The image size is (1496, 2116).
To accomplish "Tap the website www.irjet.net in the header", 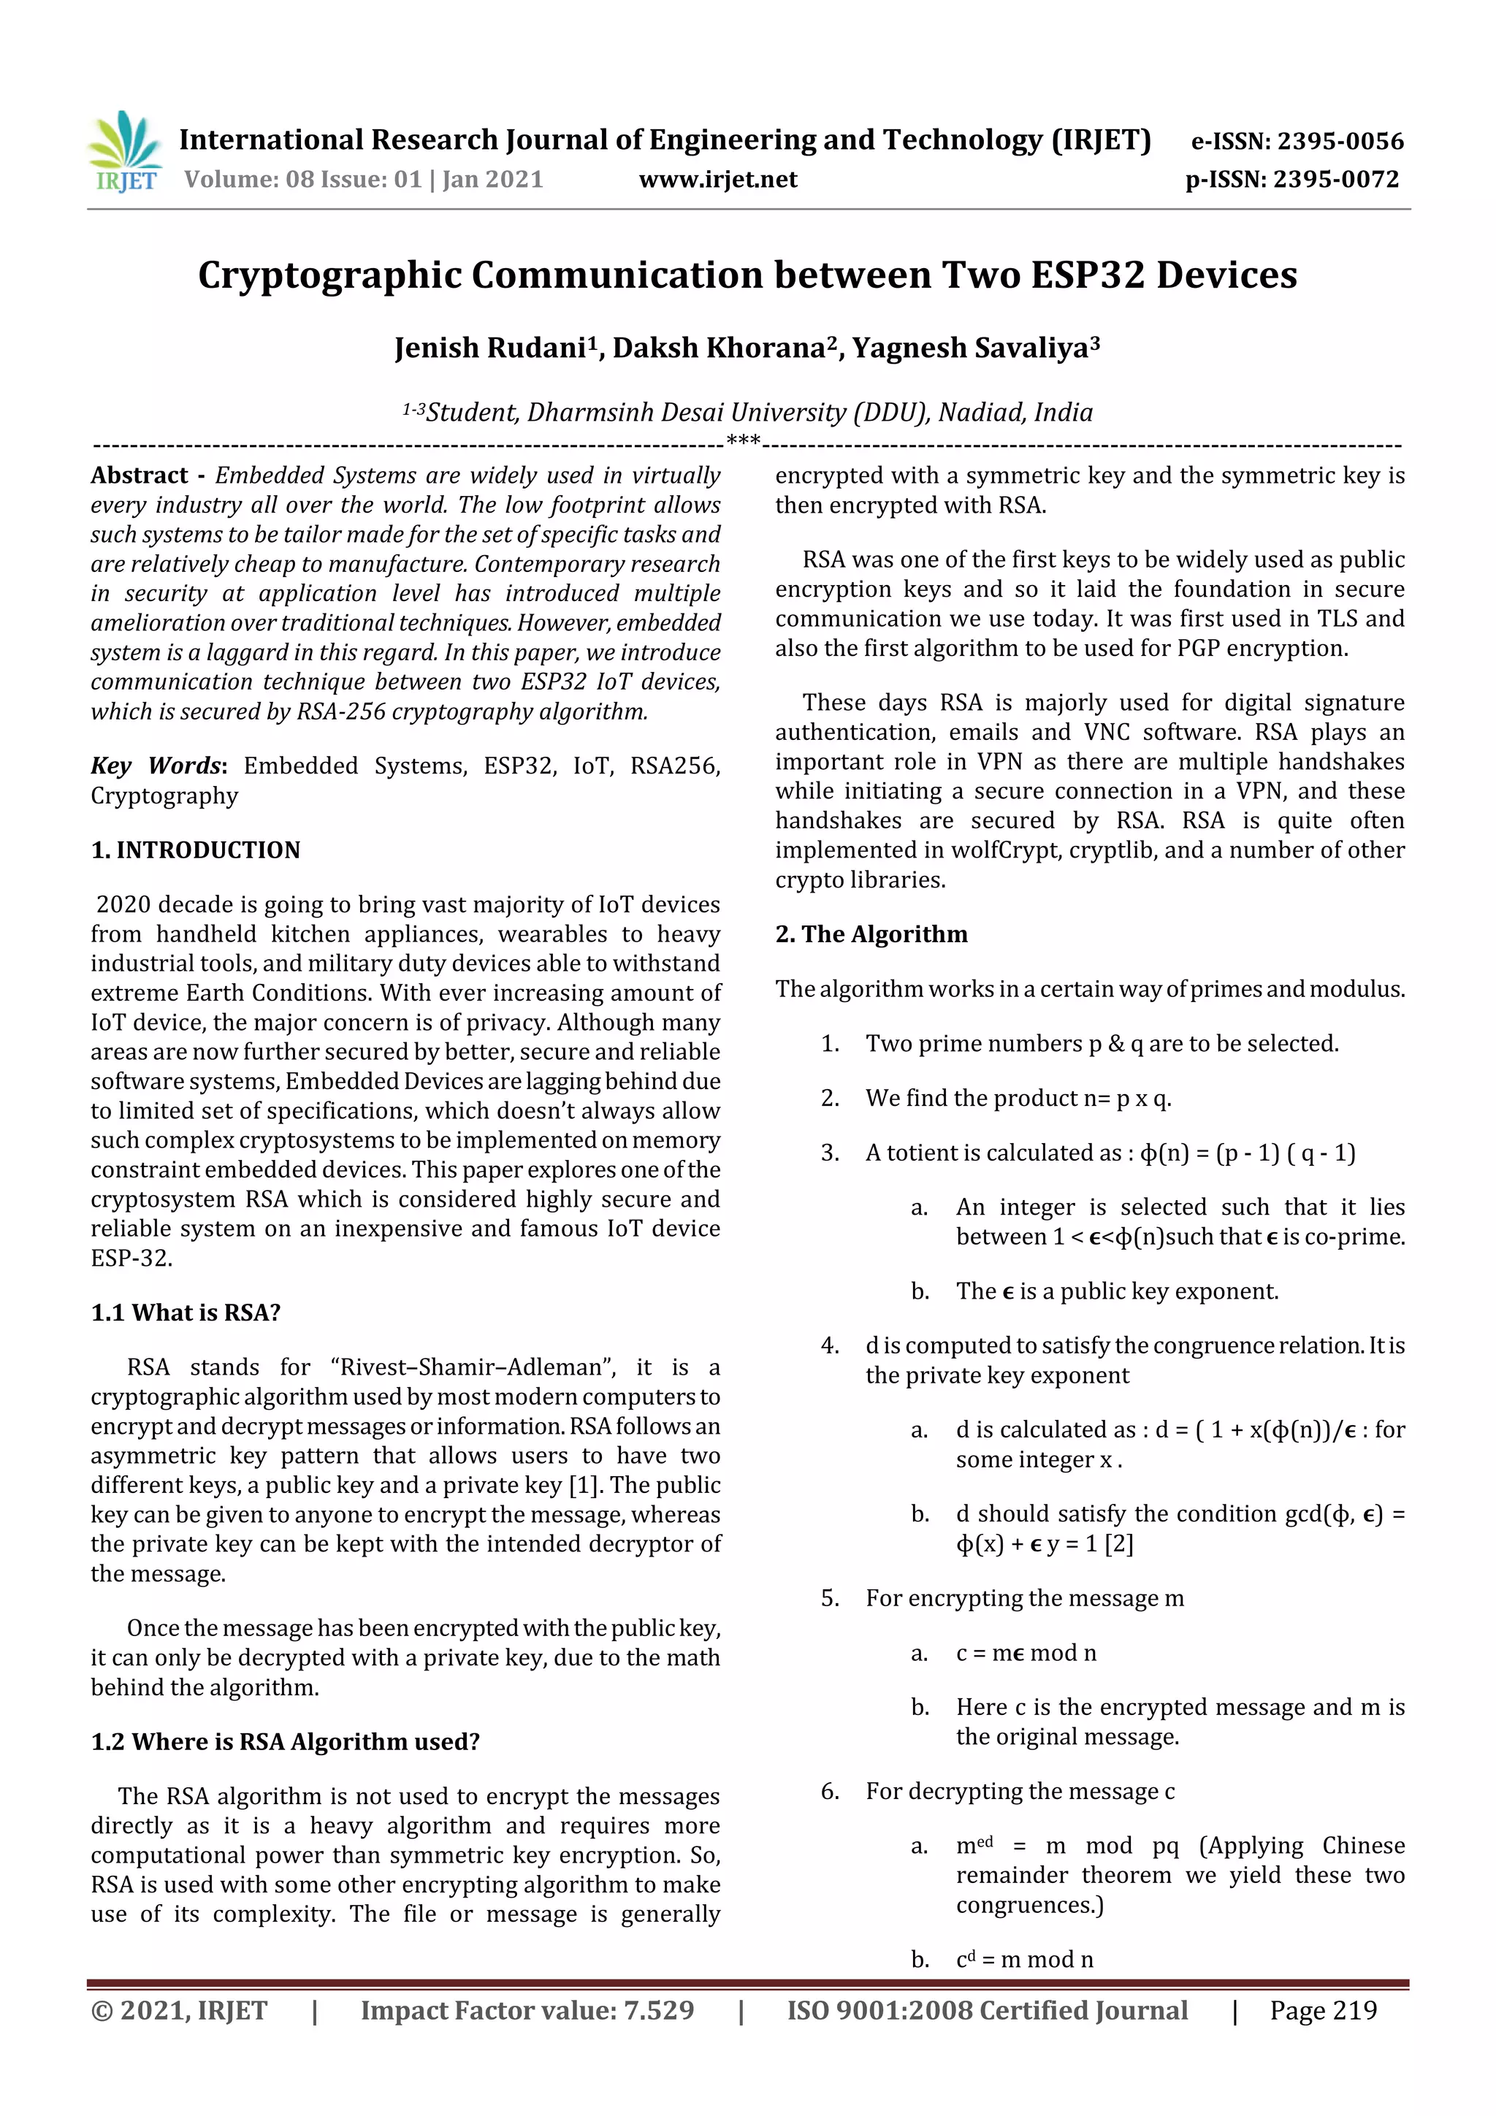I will click(718, 179).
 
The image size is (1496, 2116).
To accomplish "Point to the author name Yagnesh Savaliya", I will click(974, 348).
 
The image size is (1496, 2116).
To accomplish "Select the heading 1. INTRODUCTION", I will click(196, 849).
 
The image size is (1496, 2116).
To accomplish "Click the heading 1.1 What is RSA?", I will click(186, 1313).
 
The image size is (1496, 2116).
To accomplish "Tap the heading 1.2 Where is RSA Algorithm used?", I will click(285, 1742).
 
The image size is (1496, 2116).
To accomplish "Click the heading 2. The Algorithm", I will click(871, 933).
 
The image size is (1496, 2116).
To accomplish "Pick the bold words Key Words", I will click(156, 766).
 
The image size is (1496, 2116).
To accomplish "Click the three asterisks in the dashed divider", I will click(743, 441).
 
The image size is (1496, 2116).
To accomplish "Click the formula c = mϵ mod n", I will click(1026, 1652).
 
